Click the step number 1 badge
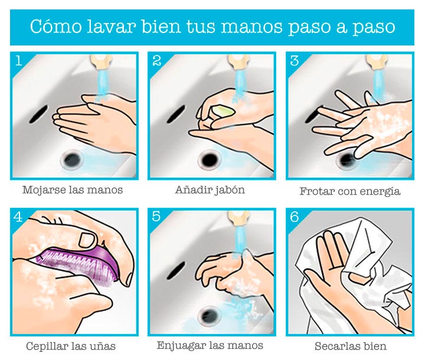[19, 60]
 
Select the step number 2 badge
[157, 60]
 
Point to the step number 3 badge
[295, 60]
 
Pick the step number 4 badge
[19, 217]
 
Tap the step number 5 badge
[157, 217]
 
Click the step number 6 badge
[295, 217]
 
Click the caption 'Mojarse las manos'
[73, 190]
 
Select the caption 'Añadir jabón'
[210, 190]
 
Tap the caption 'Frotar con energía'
[350, 191]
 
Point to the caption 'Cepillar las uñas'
[71, 346]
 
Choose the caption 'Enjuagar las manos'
[210, 345]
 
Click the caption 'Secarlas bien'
[351, 346]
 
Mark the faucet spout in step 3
[376, 60]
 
